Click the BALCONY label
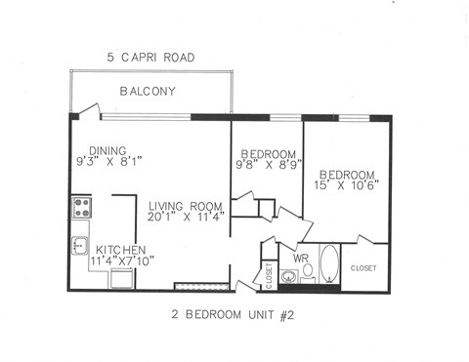(147, 92)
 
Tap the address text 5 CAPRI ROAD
(150, 59)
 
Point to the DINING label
(107, 150)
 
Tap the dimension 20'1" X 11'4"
(187, 218)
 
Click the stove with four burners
(81, 208)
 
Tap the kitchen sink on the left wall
(79, 245)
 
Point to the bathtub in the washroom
(329, 263)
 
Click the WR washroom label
(303, 258)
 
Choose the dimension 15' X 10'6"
(346, 182)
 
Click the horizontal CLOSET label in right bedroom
(363, 266)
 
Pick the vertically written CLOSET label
(270, 275)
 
